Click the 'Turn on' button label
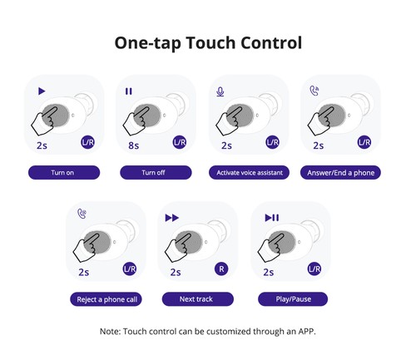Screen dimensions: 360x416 (x=64, y=173)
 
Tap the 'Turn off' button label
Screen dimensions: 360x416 (x=156, y=173)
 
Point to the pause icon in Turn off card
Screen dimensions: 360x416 (x=129, y=91)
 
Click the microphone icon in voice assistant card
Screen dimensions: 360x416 (x=220, y=91)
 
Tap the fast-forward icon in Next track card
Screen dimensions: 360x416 (x=172, y=217)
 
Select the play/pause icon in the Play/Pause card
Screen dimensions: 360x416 (x=270, y=217)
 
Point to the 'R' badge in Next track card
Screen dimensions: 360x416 (x=221, y=269)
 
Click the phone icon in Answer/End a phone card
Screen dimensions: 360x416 (x=312, y=91)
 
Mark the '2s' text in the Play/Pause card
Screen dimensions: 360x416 (x=268, y=271)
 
